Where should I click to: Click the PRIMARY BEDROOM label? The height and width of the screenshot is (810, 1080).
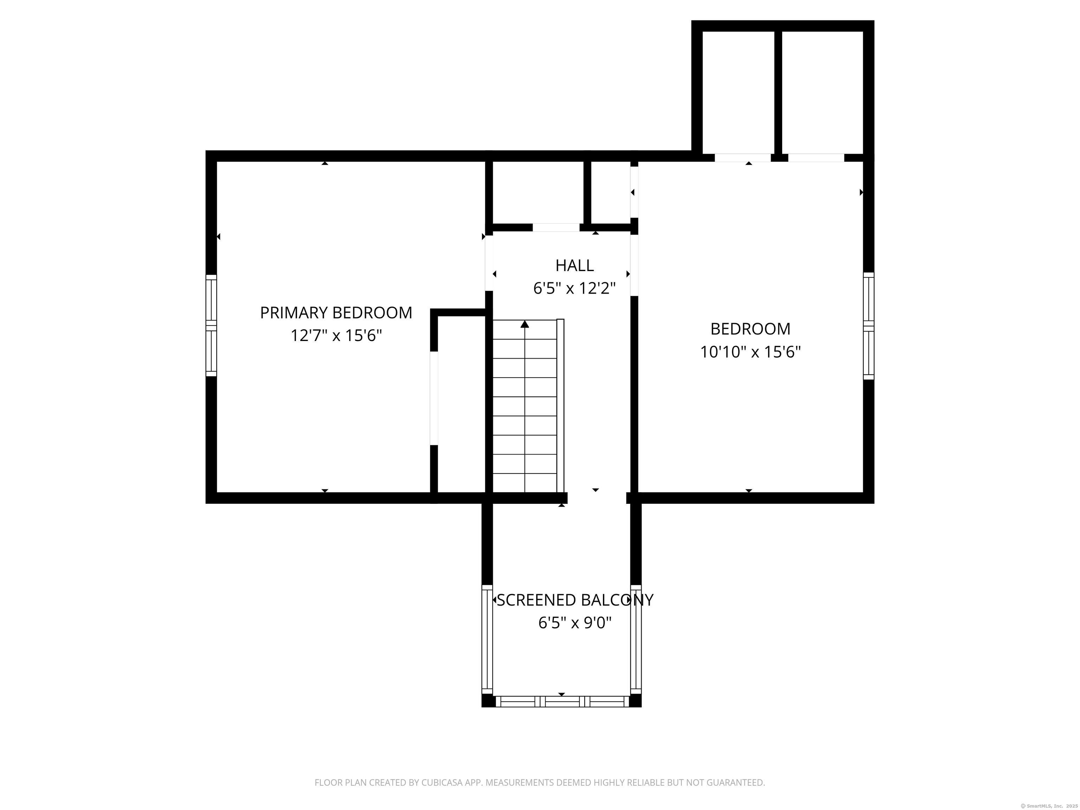click(x=336, y=313)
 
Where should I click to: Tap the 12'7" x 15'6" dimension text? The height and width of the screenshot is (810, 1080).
click(x=336, y=336)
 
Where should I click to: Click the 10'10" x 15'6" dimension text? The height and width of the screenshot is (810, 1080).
click(x=751, y=352)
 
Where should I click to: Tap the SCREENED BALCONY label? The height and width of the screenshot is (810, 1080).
click(x=575, y=600)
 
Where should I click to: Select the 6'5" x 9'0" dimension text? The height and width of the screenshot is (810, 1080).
click(x=575, y=623)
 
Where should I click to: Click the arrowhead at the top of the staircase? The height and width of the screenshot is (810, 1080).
click(x=525, y=324)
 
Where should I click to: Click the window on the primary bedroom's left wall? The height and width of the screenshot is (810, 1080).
click(x=211, y=326)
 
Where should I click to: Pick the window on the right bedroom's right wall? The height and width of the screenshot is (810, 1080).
click(x=869, y=326)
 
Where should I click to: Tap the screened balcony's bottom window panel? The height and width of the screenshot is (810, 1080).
click(x=561, y=702)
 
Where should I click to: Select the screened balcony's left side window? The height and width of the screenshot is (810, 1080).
click(x=487, y=639)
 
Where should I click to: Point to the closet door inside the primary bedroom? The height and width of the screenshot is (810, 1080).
click(x=433, y=398)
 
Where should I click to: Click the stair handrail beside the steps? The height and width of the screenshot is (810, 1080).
click(x=560, y=405)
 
